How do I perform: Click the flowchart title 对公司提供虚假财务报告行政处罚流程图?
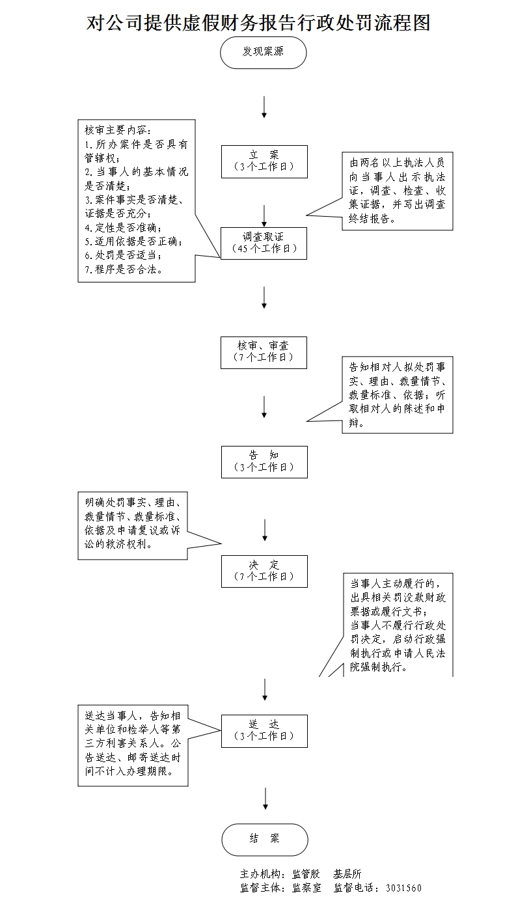(x=258, y=24)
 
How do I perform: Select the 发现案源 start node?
(x=264, y=52)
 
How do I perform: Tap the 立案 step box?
(x=264, y=160)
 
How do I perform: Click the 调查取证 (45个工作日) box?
(x=264, y=243)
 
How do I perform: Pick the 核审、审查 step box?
(x=264, y=352)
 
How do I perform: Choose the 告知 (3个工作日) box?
(x=264, y=461)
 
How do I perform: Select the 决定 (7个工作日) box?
(x=264, y=571)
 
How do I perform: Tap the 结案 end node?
(x=264, y=839)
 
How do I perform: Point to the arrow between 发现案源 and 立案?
(x=264, y=107)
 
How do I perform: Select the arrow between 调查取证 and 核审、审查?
(x=264, y=297)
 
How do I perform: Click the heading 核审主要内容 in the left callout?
(x=117, y=130)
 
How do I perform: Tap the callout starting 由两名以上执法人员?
(x=397, y=190)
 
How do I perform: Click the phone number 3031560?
(x=403, y=888)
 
